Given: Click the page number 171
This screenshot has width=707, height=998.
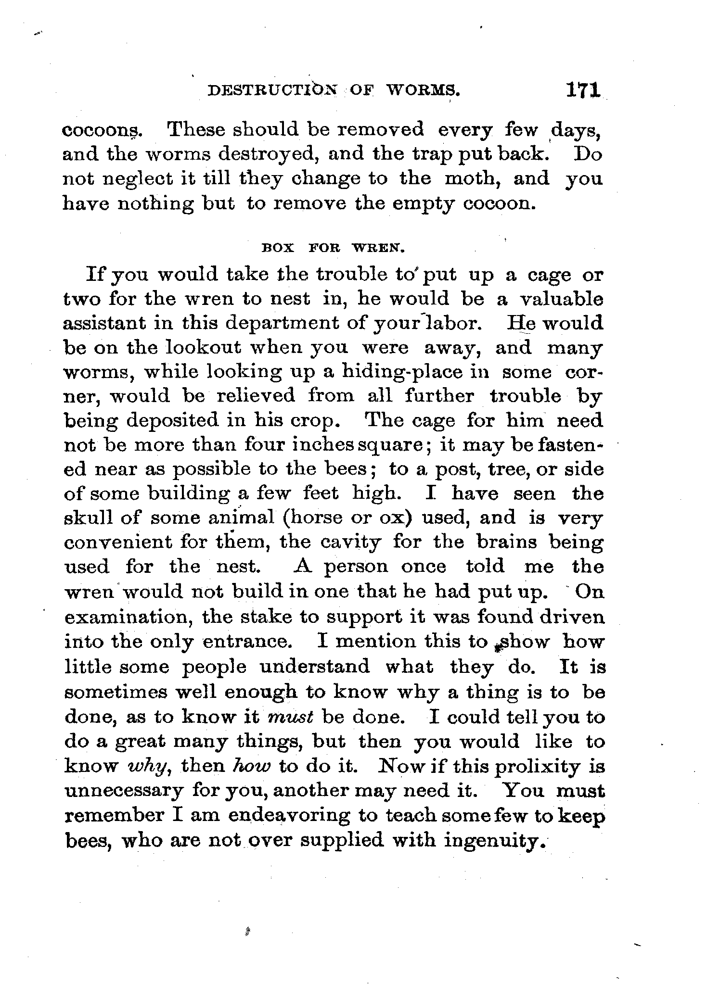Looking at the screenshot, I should (583, 91).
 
